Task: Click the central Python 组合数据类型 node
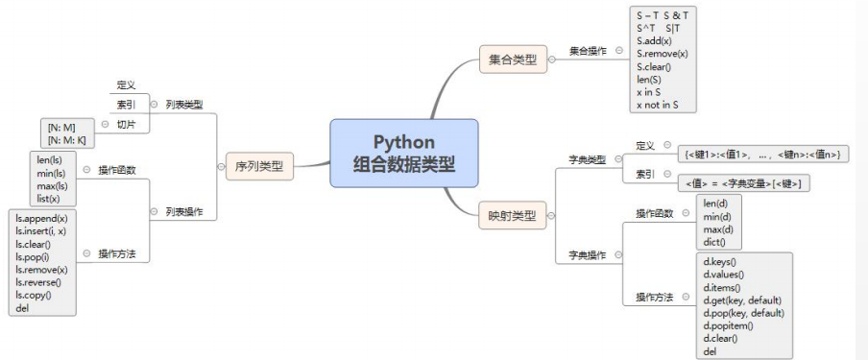(404, 154)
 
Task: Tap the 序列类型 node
(259, 166)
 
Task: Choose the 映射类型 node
(511, 214)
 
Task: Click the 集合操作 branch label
(588, 50)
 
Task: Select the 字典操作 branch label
(587, 255)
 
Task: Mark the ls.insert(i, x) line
(47, 230)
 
